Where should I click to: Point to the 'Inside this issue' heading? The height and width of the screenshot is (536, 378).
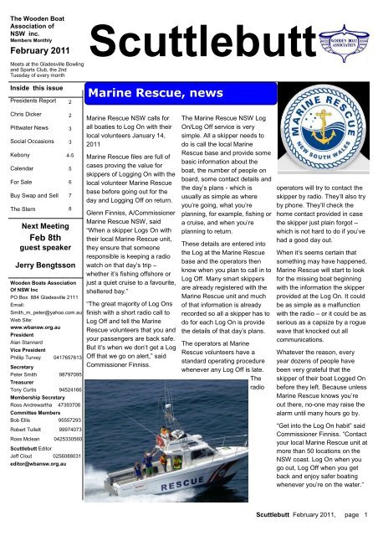coord(31,88)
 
